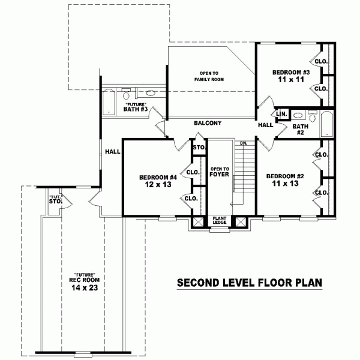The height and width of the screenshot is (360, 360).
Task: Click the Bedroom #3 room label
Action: (x=291, y=73)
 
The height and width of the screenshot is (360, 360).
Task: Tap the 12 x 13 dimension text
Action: (x=158, y=184)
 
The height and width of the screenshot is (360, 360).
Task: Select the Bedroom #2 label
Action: (x=285, y=176)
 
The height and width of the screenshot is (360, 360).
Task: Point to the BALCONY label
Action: (x=208, y=123)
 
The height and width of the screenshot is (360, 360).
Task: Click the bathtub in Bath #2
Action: (x=327, y=124)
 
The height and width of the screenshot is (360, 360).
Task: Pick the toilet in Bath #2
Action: (x=312, y=116)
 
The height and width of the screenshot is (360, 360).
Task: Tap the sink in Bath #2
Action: (x=298, y=115)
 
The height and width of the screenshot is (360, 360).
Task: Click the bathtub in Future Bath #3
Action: (x=109, y=102)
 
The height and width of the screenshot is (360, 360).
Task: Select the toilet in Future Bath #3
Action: (x=126, y=94)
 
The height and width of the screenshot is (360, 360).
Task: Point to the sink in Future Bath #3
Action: (x=151, y=93)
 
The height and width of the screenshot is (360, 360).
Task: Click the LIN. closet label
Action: (x=281, y=114)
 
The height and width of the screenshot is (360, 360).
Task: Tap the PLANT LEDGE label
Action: (x=220, y=220)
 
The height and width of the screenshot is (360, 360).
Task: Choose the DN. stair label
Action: (x=244, y=143)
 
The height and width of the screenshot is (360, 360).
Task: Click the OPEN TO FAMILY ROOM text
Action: (x=209, y=76)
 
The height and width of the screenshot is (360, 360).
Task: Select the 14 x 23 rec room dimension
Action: (x=85, y=287)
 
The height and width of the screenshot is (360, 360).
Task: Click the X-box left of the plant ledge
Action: (x=197, y=222)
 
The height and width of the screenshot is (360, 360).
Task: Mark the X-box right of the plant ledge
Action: (x=241, y=222)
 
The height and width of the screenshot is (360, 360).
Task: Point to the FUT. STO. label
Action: (x=56, y=200)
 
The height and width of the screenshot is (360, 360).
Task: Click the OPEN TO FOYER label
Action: (x=219, y=172)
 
